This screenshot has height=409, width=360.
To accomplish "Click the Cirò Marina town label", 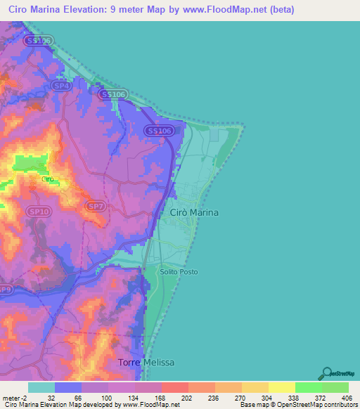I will point(194,212).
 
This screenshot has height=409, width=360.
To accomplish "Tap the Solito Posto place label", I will point(179,272).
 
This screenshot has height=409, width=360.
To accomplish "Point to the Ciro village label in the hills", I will point(48,179).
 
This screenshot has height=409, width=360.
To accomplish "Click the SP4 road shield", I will point(63,86).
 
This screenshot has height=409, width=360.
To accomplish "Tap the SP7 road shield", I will point(95,206).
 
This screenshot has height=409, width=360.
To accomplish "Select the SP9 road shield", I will point(5,289).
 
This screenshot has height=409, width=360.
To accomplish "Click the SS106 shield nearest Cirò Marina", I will point(158,131).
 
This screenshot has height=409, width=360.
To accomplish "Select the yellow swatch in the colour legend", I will point(281,387).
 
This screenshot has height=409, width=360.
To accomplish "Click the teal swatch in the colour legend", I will point(41,387).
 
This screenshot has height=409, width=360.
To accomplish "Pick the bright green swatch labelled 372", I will point(308,387).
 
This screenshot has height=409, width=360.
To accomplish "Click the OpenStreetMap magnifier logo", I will point(326,373).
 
